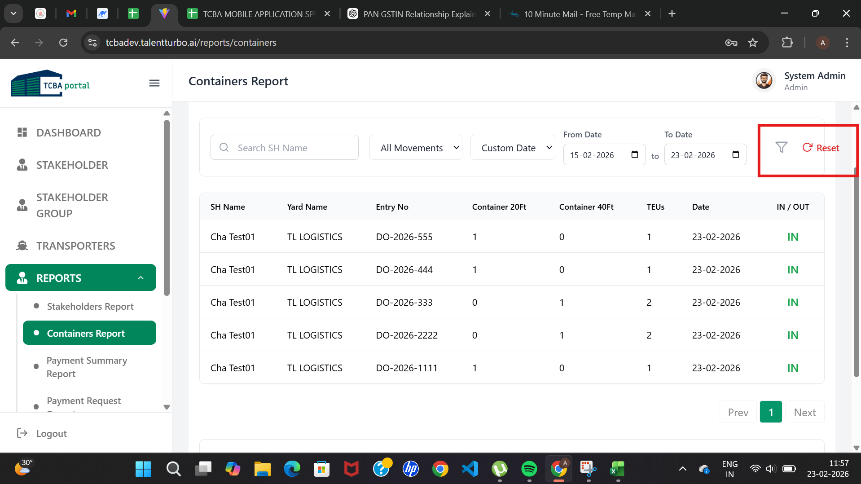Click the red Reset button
click(821, 148)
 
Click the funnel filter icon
click(781, 147)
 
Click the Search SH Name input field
click(285, 147)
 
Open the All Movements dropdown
click(416, 147)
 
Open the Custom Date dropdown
click(513, 147)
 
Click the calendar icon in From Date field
click(635, 154)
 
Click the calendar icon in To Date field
click(736, 154)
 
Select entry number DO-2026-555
click(404, 237)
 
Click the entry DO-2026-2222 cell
click(407, 335)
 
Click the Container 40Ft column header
click(586, 207)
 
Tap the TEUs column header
click(655, 207)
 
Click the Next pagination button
click(804, 412)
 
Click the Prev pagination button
click(738, 412)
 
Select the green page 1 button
click(771, 412)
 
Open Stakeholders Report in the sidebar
click(90, 306)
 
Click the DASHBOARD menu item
click(68, 132)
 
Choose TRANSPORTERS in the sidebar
click(75, 246)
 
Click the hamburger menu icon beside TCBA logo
click(154, 83)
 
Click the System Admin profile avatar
click(764, 81)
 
